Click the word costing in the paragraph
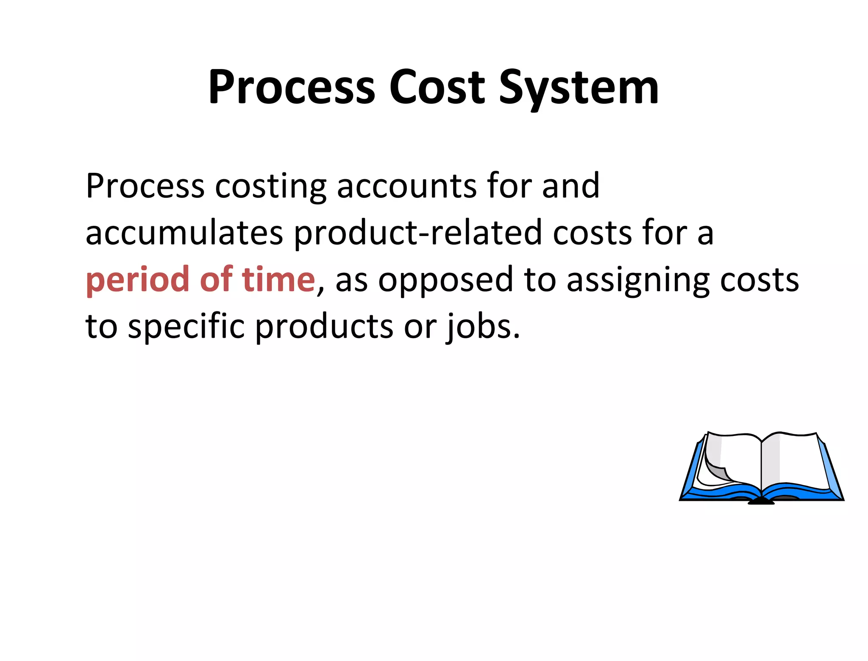[270, 186]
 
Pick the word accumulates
[184, 233]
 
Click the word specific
[186, 327]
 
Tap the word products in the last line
[324, 327]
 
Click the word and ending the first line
[570, 186]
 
